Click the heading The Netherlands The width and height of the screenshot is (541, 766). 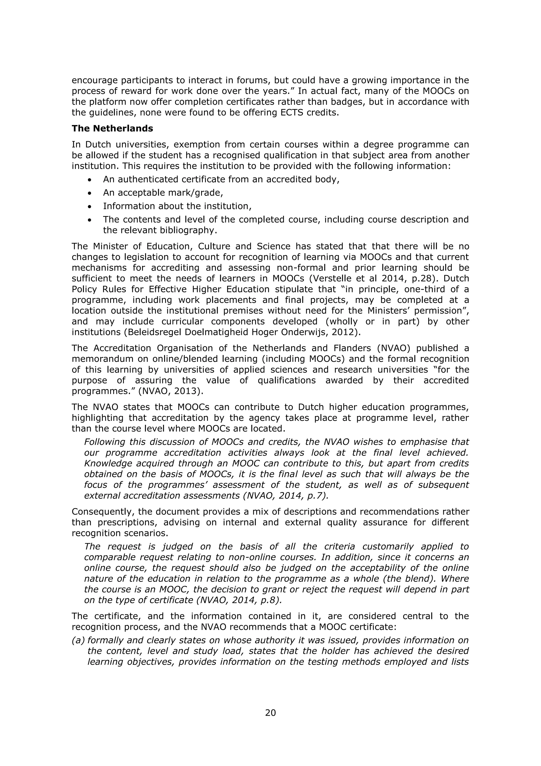pyautogui.click(x=112, y=129)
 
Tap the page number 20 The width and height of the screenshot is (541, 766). pyautogui.click(x=270, y=713)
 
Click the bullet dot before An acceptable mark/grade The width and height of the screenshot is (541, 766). pyautogui.click(x=89, y=193)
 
